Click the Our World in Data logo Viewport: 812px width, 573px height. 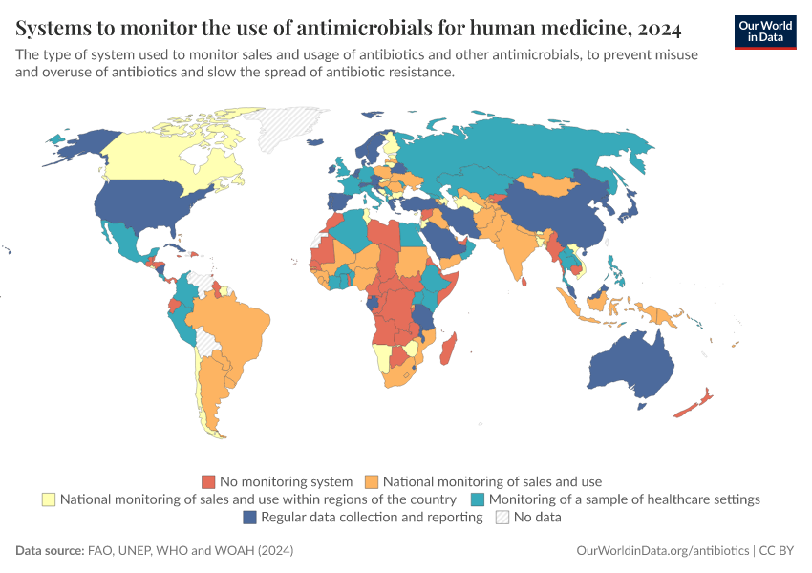(x=764, y=31)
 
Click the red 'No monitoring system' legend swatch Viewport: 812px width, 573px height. (x=207, y=481)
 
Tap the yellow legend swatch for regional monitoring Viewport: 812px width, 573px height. (x=48, y=499)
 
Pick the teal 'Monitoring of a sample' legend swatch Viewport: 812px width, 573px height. (x=478, y=499)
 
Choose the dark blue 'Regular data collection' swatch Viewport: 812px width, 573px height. (x=249, y=518)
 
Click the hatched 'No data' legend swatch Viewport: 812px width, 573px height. (x=502, y=518)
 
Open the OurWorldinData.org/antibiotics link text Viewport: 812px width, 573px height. (x=663, y=551)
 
